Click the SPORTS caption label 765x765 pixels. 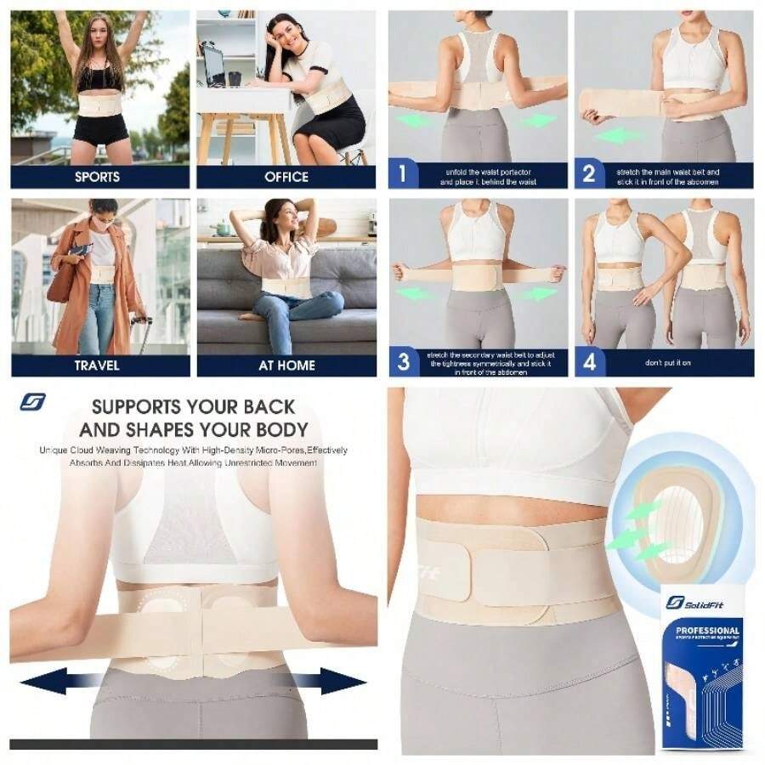[98, 177]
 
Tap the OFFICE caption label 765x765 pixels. [286, 177]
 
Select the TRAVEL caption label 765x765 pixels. [98, 365]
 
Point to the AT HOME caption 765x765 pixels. [286, 365]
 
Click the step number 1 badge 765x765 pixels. [403, 175]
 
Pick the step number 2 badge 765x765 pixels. [588, 175]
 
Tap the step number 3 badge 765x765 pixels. [404, 363]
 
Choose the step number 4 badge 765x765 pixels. [589, 363]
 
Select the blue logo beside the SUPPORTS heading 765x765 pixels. [32, 402]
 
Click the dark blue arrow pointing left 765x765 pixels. [47, 680]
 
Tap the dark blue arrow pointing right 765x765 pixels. [340, 680]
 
